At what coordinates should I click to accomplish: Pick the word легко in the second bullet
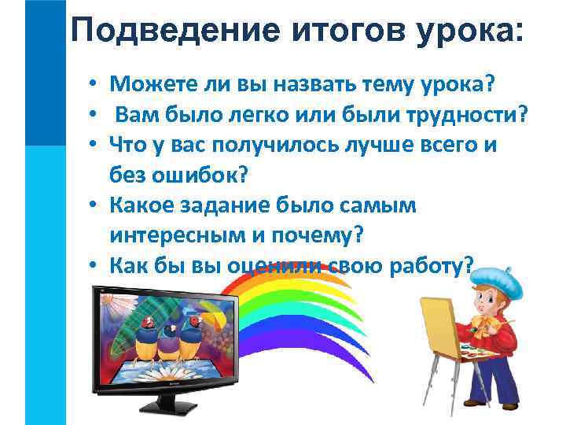point(264,116)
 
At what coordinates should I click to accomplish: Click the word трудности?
point(456,116)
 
